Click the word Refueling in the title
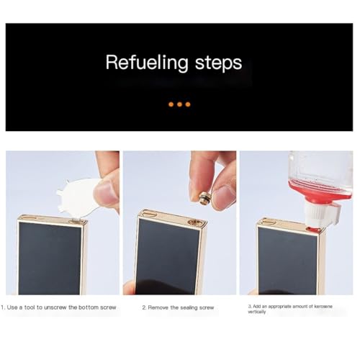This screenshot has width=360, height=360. pyautogui.click(x=147, y=63)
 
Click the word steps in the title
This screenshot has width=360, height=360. pyautogui.click(x=218, y=63)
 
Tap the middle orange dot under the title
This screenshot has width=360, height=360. pyautogui.click(x=179, y=104)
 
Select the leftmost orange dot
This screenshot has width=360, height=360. pyautogui.click(x=171, y=104)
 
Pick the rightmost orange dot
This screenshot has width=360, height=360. pyautogui.click(x=188, y=104)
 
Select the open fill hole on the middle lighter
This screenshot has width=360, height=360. pyautogui.click(x=194, y=222)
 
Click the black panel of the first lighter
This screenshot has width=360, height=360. pyautogui.click(x=50, y=258)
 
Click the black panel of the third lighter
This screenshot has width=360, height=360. pyautogui.click(x=288, y=261)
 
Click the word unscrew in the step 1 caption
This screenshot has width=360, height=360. pyautogui.click(x=55, y=307)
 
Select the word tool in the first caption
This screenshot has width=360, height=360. pyautogui.click(x=30, y=307)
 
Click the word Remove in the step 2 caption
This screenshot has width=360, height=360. pyautogui.click(x=158, y=307)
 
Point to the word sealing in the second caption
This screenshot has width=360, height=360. pyautogui.click(x=190, y=308)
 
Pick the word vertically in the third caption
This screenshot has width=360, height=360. pyautogui.click(x=257, y=312)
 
